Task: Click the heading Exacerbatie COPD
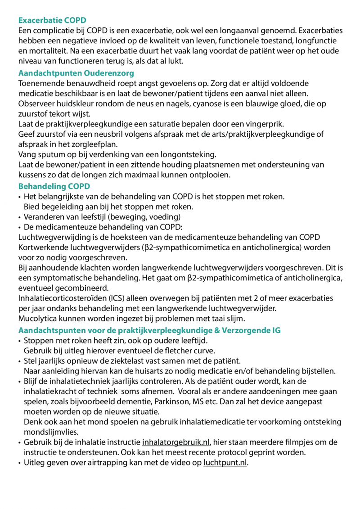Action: point(52,20)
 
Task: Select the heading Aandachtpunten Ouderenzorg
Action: point(76,73)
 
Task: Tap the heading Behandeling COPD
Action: point(54,186)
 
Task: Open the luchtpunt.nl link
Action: point(225,463)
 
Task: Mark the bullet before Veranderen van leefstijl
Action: point(20,217)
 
